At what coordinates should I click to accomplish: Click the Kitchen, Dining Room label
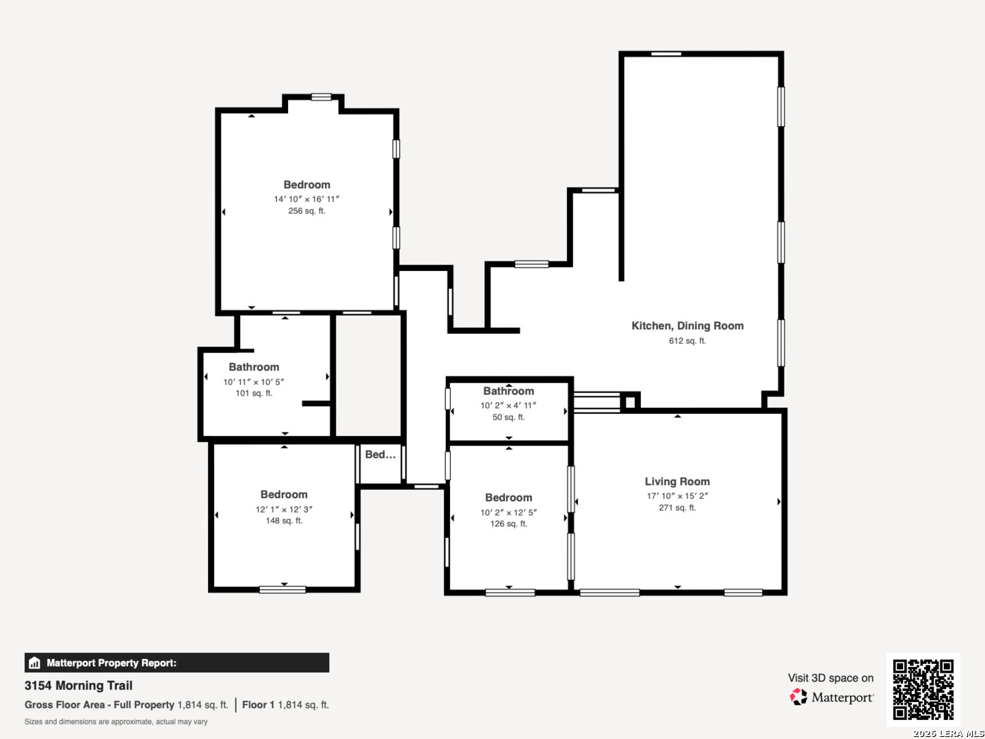coord(687,326)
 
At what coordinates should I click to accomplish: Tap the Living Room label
coord(677,482)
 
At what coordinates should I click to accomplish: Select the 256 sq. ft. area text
coord(306,211)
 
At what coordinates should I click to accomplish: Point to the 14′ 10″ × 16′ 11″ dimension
coord(306,198)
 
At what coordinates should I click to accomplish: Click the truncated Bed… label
coord(380,454)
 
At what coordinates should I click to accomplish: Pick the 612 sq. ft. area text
coord(687,341)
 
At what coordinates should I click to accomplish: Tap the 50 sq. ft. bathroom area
coord(508,417)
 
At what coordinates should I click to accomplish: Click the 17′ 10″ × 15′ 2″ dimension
coord(677,496)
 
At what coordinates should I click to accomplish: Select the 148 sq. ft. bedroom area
coord(284,521)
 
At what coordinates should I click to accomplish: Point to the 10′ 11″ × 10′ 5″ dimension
coord(254,382)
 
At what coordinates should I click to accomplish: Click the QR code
coord(923,689)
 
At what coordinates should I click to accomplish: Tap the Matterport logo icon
coord(798,697)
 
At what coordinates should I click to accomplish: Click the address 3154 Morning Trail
coord(79,686)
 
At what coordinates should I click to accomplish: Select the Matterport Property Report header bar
coord(176,663)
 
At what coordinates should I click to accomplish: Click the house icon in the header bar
coord(35,663)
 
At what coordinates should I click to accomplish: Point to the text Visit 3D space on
coord(830,678)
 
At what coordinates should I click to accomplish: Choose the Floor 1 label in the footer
coord(258,705)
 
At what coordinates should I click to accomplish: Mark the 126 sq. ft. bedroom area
coord(508,523)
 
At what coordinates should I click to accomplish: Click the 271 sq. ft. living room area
coord(677,508)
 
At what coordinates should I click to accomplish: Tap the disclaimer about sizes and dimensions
coord(116,722)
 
